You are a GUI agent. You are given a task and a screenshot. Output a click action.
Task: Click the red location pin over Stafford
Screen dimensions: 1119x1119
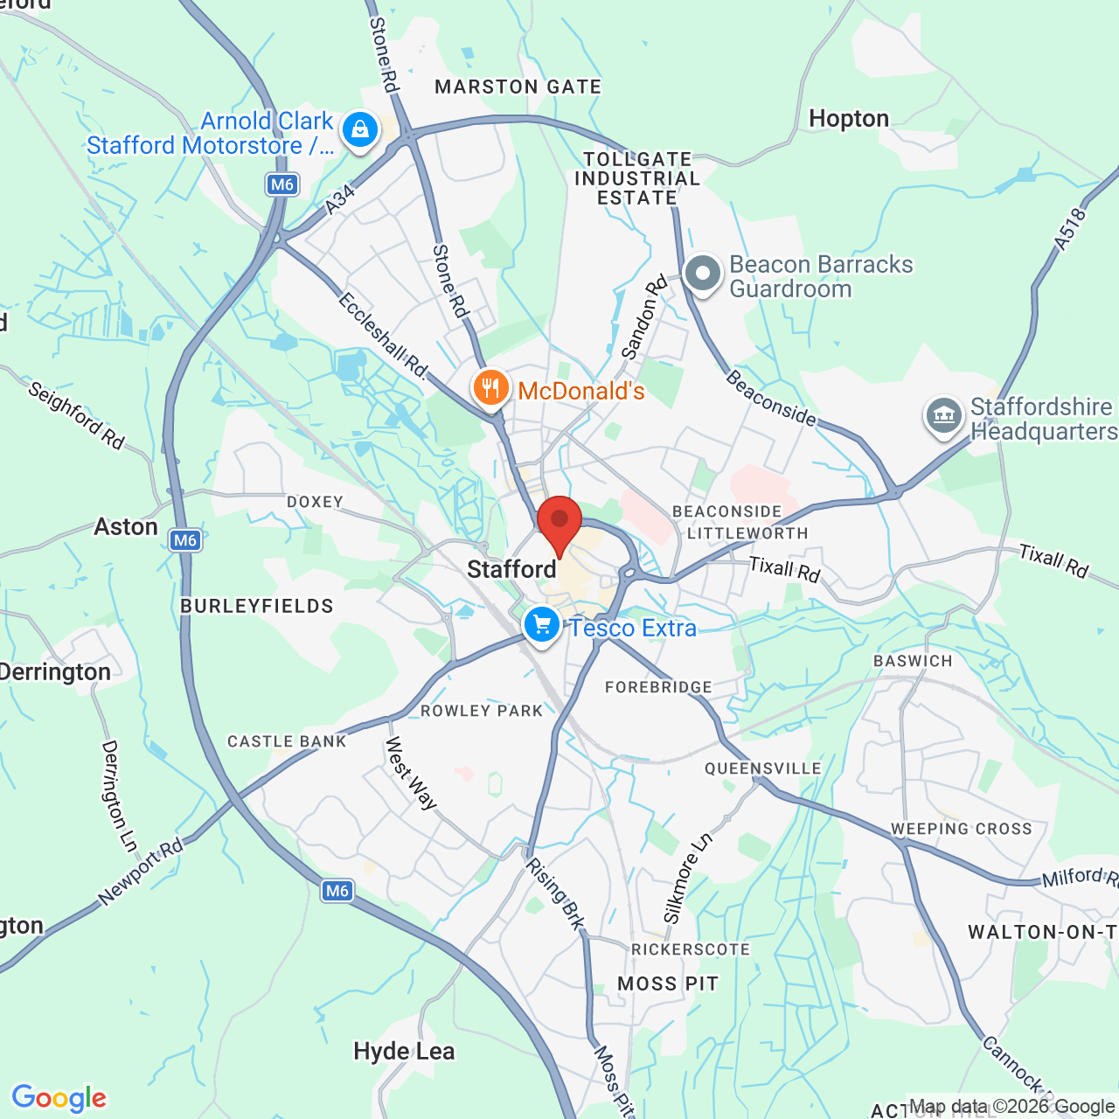coord(559,522)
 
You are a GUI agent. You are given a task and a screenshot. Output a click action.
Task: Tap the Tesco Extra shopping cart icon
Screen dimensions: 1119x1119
coord(542,624)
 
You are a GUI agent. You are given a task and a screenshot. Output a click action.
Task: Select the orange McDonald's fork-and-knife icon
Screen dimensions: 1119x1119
coord(491,387)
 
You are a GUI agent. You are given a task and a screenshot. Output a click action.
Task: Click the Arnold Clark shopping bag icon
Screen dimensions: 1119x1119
coord(359,130)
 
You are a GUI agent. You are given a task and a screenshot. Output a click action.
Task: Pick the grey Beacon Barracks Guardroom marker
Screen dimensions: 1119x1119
coord(702,274)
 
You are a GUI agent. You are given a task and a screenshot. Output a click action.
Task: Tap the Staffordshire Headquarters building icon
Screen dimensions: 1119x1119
coord(944,415)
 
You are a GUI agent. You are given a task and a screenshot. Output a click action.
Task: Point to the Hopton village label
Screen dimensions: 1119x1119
coord(848,119)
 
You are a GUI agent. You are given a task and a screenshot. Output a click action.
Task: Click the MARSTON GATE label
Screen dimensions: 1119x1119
coord(518,87)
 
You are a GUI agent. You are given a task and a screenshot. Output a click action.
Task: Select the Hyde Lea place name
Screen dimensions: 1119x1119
coord(404,1051)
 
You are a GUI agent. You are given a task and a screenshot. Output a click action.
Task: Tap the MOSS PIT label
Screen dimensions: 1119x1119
coord(668,984)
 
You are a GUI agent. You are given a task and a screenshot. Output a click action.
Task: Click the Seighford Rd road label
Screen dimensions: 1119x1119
coord(76,415)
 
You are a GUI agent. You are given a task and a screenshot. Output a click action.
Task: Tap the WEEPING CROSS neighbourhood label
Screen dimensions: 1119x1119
coord(961,829)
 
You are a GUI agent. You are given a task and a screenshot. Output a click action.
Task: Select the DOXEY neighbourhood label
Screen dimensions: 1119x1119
coord(315,502)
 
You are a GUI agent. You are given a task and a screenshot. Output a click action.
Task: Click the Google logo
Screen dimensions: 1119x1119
coord(59,1098)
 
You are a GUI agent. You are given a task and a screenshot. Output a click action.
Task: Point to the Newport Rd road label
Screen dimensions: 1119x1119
coord(141,871)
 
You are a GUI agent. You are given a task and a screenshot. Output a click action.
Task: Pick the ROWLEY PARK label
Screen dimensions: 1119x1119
coord(482,711)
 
